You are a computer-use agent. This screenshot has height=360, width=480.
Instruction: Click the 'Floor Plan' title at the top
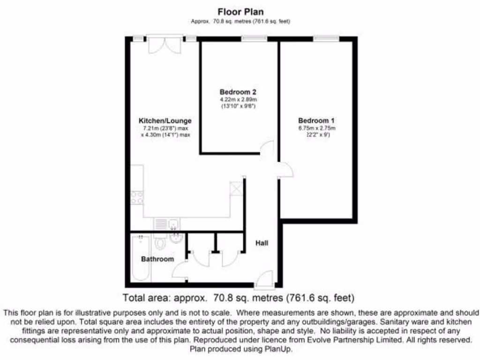coord(240,11)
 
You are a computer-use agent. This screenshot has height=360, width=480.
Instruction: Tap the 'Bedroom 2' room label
coord(238,92)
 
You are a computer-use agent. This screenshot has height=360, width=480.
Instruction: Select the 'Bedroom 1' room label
coord(316,120)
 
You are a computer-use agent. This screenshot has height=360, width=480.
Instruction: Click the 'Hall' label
coord(262,243)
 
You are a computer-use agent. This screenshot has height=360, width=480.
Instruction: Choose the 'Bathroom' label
coord(157,259)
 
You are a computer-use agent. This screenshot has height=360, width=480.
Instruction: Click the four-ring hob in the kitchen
coord(137,198)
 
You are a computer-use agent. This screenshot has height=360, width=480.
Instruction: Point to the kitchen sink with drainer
coord(166,224)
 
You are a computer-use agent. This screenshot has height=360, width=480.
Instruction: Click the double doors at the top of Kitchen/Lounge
coord(164,45)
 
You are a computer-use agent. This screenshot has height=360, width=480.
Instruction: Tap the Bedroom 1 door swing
coord(285,170)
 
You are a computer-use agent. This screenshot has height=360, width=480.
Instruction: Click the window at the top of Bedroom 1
coord(327,39)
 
